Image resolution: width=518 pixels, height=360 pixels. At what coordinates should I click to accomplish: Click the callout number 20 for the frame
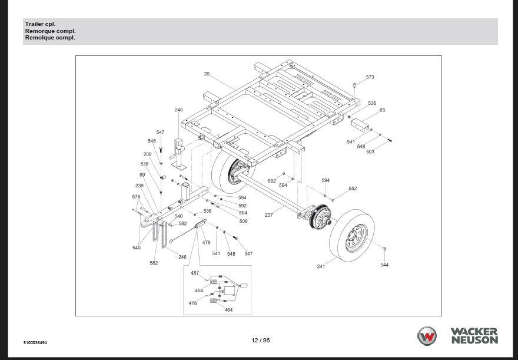pos(207,74)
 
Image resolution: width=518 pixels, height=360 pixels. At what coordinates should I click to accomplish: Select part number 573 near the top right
pos(370,77)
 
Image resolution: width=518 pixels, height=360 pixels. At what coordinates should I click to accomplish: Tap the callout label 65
pos(382,110)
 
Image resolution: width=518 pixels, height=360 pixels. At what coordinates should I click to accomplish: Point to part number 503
pos(370,152)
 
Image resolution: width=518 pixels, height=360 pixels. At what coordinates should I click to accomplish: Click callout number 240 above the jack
pos(179,110)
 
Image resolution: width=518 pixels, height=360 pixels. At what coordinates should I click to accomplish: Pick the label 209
pos(147,154)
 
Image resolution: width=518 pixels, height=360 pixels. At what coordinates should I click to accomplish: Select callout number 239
pos(140,186)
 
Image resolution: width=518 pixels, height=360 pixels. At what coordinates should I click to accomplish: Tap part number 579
pos(136,197)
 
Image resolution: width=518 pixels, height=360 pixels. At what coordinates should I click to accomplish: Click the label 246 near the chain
pos(182,257)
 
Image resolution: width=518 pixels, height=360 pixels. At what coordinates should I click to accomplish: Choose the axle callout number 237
pos(268,215)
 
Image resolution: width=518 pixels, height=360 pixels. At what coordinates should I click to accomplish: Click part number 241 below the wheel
pos(321,267)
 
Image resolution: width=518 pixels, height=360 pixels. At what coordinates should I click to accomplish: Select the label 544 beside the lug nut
pos(384,265)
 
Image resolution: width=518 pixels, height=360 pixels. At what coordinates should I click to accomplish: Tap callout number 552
pos(353,189)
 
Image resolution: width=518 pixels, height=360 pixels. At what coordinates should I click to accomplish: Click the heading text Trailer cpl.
pos(40,24)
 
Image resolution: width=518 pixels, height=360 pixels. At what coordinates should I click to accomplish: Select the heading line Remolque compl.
pos(50,38)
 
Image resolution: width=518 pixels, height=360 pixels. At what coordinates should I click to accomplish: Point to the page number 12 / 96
pos(260,340)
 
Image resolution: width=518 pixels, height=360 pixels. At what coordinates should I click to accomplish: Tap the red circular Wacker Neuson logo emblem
pos(427,336)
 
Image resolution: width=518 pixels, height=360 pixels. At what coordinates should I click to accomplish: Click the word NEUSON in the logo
pos(474,340)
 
